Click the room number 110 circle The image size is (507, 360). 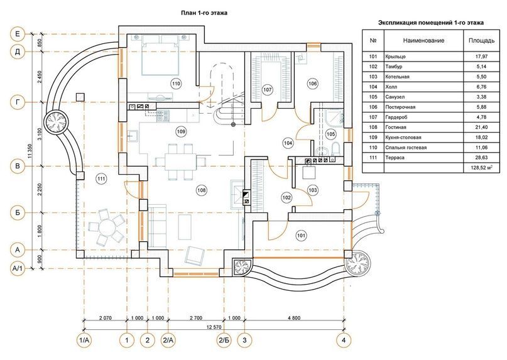tap(176, 84)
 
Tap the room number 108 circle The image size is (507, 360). tap(202, 190)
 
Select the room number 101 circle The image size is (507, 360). tap(301, 236)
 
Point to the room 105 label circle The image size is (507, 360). tap(330, 134)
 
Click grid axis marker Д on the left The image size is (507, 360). tap(18, 52)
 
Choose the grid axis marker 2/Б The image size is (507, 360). tap(224, 340)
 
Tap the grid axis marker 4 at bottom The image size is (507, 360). tap(344, 340)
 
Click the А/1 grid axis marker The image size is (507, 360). tap(18, 268)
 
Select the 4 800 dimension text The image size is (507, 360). tap(294, 318)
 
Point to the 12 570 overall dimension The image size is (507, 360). tap(214, 327)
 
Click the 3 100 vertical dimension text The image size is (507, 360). tap(40, 134)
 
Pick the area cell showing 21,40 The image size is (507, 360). tap(481, 127)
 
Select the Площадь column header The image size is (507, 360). tap(481, 40)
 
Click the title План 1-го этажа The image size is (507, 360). tap(204, 13)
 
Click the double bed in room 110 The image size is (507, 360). tap(161, 55)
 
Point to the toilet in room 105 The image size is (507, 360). tap(335, 148)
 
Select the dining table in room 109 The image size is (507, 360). tap(180, 161)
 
